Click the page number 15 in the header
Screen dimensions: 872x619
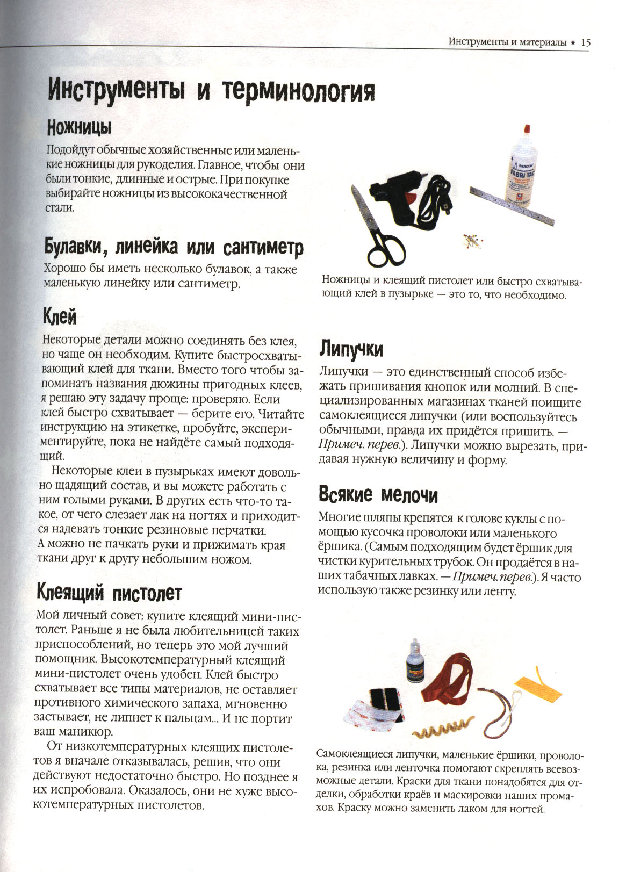coord(585,42)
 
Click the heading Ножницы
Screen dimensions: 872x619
coord(79,128)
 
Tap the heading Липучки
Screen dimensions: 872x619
coord(351,350)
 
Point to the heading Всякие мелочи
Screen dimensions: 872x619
coord(378,494)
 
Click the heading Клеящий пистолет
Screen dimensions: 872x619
coord(109,593)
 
